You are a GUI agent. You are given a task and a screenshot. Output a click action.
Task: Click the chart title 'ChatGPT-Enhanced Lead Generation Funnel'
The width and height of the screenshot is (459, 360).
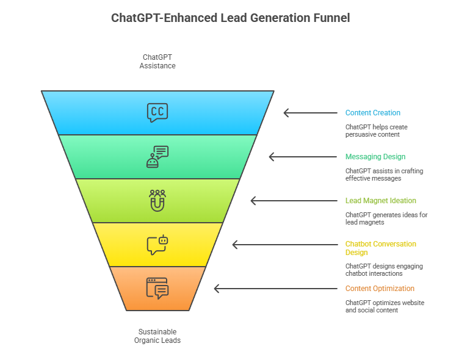point(230,18)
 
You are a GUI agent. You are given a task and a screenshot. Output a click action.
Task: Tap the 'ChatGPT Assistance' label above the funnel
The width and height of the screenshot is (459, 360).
point(157,61)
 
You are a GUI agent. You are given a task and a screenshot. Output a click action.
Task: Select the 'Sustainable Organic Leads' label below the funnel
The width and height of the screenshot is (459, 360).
point(157,336)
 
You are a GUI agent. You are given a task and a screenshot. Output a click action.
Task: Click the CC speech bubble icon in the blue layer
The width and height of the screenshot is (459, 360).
point(157,113)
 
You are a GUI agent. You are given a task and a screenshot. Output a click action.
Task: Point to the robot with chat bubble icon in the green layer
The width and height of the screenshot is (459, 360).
point(157,156)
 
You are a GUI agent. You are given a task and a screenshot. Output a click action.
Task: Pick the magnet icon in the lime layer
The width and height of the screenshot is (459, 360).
point(157,200)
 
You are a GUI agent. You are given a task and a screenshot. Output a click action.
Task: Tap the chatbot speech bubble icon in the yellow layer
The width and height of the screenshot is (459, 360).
point(157,244)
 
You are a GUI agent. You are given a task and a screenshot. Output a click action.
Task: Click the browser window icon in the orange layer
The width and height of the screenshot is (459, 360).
point(157,288)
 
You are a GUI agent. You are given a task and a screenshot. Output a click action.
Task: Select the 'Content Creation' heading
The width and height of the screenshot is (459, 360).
point(373,113)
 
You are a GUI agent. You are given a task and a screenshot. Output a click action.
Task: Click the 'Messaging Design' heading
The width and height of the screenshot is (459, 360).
point(375,157)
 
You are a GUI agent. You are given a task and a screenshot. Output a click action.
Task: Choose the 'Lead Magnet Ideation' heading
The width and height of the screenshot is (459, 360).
point(381,201)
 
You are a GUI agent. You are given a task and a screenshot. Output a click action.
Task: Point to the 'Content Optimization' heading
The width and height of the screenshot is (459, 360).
point(380,289)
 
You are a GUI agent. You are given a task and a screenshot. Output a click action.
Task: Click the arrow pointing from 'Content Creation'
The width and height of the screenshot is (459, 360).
point(310,113)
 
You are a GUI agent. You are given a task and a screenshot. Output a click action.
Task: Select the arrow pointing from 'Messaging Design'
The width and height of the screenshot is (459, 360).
point(303,157)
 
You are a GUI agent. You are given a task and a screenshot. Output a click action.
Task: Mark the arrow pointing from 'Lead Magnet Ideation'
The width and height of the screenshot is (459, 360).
point(294,201)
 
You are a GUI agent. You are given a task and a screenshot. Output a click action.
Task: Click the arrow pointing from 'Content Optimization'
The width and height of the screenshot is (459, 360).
point(275,289)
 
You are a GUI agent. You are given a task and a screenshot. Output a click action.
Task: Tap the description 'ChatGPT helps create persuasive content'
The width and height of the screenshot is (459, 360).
point(377,131)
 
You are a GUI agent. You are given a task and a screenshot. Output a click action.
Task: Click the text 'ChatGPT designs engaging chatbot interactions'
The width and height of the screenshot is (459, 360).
point(384,270)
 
